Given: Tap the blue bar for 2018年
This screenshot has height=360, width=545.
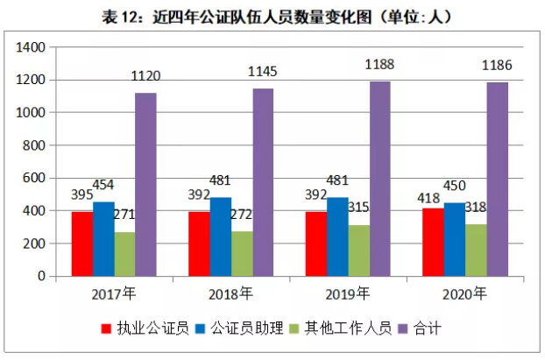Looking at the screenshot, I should (x=221, y=236).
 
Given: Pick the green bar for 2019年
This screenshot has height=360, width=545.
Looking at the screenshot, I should (x=358, y=251).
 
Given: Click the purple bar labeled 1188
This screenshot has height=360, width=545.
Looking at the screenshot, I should (x=379, y=179).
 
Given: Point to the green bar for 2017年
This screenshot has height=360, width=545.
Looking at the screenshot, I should (x=124, y=254).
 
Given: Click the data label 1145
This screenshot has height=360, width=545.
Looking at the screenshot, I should (x=264, y=70).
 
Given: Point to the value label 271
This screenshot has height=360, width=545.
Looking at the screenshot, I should (x=126, y=214).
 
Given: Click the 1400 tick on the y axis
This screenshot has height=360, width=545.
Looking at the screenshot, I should (x=30, y=47).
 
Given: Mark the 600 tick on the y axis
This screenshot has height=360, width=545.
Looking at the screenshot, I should (x=33, y=178).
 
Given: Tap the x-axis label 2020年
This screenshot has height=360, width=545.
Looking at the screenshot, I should (x=466, y=293).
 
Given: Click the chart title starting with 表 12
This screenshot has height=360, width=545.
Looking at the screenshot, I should (x=272, y=15).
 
